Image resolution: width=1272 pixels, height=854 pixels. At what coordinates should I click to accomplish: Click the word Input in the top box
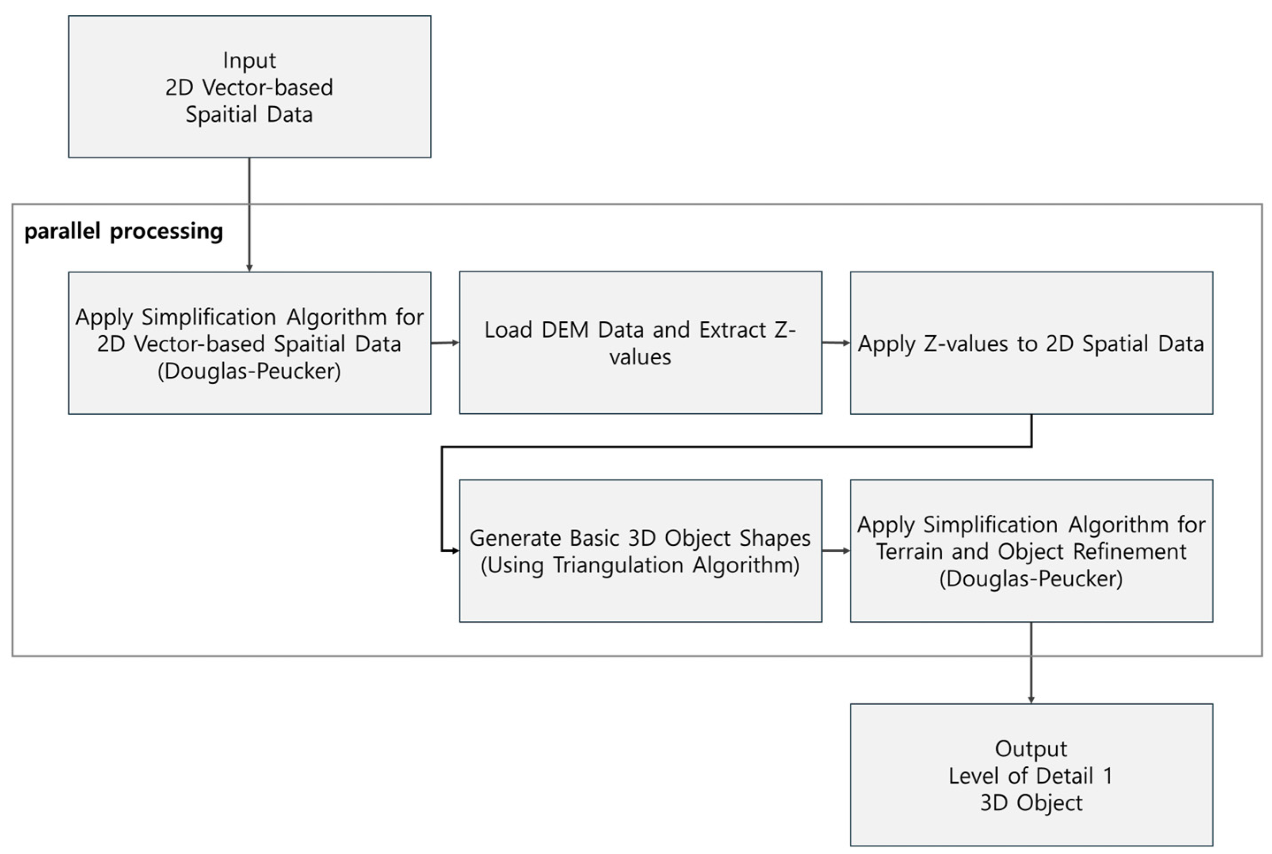point(249,61)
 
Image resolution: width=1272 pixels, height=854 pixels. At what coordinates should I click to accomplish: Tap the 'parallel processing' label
point(124,231)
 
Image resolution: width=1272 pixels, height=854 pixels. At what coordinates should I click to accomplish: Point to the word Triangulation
point(619,565)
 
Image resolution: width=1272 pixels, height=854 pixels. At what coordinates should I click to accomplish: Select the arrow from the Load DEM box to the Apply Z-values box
point(835,343)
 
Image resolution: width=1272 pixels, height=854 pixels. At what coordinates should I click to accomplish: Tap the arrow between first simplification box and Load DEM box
point(445,343)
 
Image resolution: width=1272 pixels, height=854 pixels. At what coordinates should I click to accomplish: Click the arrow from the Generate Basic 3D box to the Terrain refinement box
point(835,551)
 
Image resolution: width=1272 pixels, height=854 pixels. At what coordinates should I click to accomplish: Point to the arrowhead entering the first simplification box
point(249,268)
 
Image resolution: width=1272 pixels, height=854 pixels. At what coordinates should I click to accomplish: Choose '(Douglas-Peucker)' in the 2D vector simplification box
point(249,371)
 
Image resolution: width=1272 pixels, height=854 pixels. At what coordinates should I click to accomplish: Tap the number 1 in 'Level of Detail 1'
point(1107,776)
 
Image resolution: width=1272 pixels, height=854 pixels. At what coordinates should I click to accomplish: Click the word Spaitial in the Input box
point(221,115)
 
